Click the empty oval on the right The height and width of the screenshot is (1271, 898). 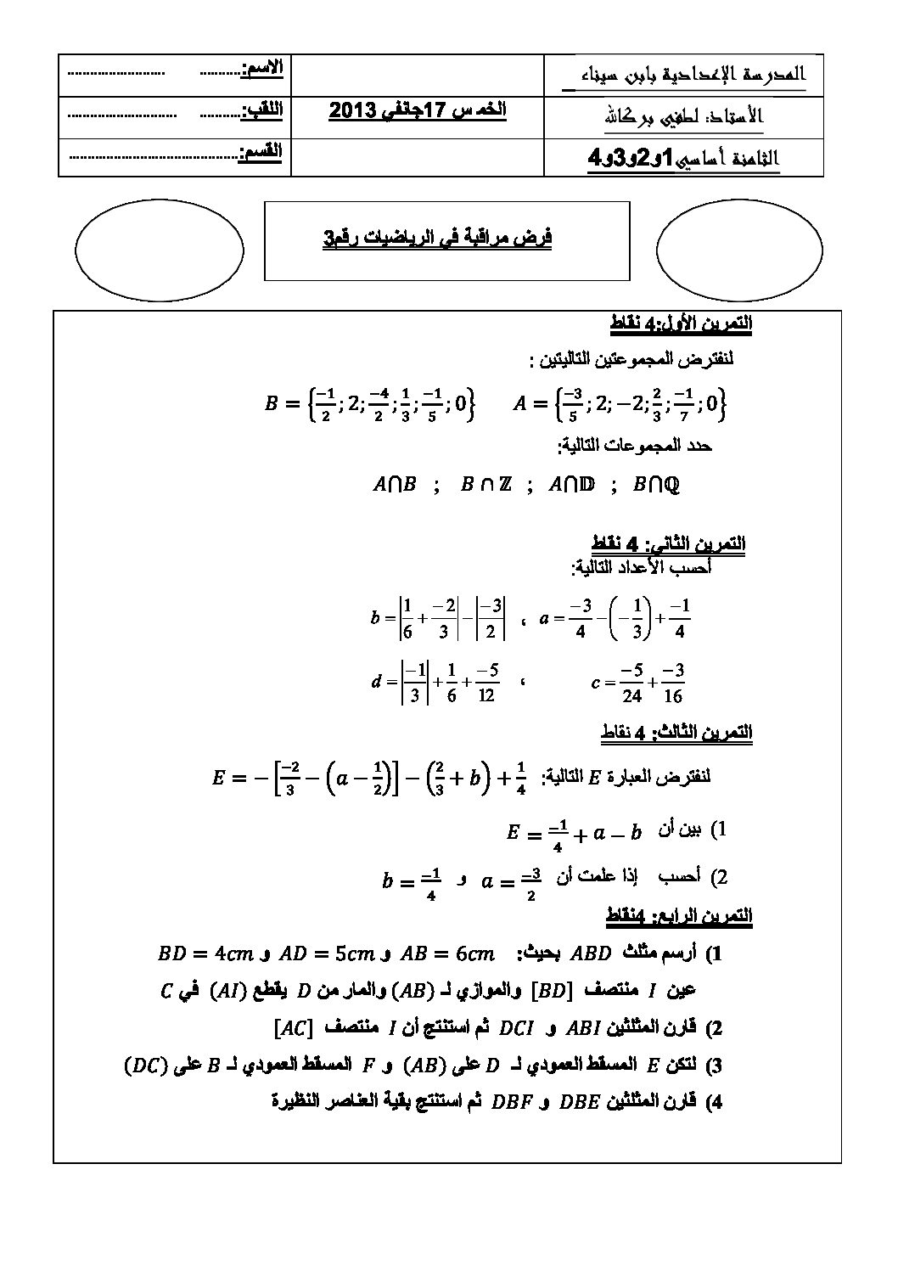[739, 250]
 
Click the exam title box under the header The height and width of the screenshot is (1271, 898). [447, 240]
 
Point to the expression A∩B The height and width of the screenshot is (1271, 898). [395, 485]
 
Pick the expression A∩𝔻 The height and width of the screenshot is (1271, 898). [572, 485]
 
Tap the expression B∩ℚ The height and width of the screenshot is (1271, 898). [657, 485]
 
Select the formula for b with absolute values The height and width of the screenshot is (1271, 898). [440, 618]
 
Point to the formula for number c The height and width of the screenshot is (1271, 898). [639, 682]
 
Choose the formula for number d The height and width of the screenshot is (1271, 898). [435, 682]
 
